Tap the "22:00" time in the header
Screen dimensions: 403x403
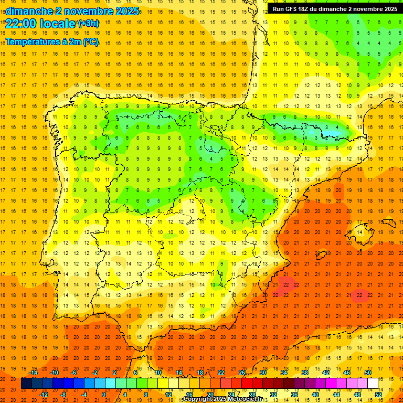[x=22, y=24]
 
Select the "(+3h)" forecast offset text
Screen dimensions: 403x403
[x=88, y=24]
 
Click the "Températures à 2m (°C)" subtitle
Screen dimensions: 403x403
[x=52, y=41]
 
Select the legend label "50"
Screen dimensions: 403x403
[x=368, y=373]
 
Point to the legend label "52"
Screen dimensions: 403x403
[x=378, y=395]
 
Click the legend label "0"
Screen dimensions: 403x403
[x=104, y=395]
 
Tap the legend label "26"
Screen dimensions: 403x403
[x=242, y=373]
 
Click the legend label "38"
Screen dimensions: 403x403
[x=305, y=373]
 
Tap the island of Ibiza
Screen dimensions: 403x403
[x=320, y=256]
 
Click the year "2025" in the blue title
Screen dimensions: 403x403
[x=124, y=10]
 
